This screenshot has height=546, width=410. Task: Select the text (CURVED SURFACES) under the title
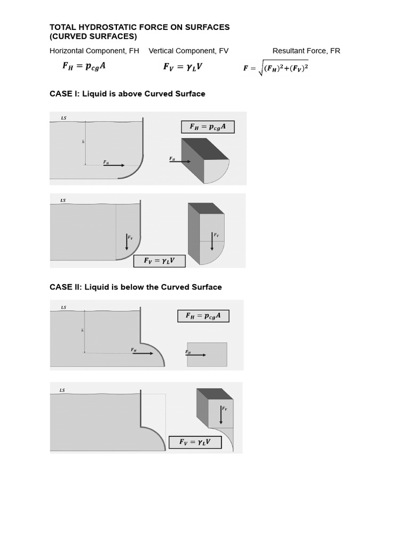click(x=93, y=36)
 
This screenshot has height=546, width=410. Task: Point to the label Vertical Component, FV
click(x=188, y=51)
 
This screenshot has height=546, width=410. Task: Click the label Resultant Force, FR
click(x=306, y=51)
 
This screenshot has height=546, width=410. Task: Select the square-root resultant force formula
click(x=276, y=68)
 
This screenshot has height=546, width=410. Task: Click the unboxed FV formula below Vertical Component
click(x=183, y=67)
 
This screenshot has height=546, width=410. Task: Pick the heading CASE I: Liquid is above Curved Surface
click(x=127, y=94)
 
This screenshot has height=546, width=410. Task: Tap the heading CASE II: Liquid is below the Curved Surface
click(x=136, y=287)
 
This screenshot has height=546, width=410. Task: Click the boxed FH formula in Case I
click(x=208, y=127)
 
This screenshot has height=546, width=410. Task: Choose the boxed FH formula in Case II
click(x=203, y=316)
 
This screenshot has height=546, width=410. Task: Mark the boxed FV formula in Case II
click(x=195, y=442)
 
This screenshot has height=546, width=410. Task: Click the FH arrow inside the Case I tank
click(x=114, y=165)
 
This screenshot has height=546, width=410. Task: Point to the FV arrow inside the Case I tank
click(x=127, y=242)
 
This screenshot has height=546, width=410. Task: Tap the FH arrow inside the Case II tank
click(x=143, y=353)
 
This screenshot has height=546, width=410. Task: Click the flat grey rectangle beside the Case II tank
click(x=207, y=355)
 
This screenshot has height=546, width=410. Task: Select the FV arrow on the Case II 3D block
click(x=221, y=414)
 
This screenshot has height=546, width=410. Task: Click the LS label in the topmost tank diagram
click(x=64, y=118)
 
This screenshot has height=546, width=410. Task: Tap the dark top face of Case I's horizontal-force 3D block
click(x=206, y=149)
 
